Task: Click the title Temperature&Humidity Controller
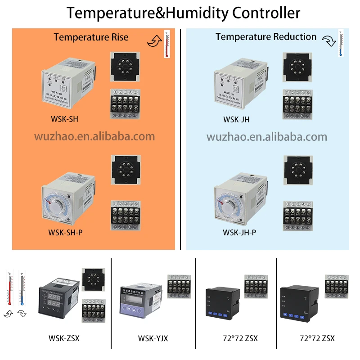pyautogui.click(x=183, y=13)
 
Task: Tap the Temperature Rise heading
pyautogui.click(x=91, y=37)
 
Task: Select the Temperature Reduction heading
pyautogui.click(x=265, y=37)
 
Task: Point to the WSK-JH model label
pyautogui.click(x=236, y=120)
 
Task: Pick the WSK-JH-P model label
pyautogui.click(x=239, y=233)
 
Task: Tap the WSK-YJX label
pyautogui.click(x=153, y=338)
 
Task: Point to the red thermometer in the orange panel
pyautogui.click(x=167, y=44)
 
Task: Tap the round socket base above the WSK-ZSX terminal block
pyautogui.click(x=93, y=280)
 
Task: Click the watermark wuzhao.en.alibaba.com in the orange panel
pyautogui.click(x=94, y=136)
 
